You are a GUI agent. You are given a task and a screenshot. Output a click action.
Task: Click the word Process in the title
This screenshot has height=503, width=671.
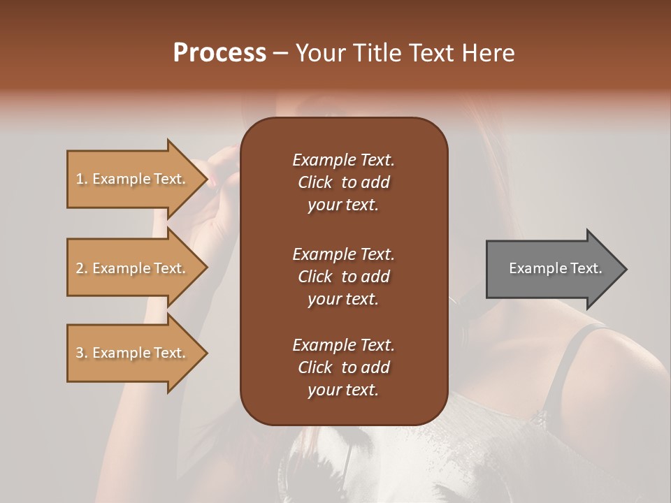pos(219,52)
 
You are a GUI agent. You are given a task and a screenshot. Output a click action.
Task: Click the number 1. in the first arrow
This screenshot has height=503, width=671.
pos(82,179)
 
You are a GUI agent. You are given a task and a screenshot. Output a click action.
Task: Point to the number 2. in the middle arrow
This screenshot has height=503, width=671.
pos(82,268)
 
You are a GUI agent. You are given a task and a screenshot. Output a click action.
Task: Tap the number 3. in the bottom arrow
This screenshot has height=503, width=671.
pos(82,353)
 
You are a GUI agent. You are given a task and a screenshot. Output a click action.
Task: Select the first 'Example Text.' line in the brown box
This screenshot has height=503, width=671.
pos(343,160)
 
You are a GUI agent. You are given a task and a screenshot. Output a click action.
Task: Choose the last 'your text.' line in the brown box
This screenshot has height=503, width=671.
pos(343,390)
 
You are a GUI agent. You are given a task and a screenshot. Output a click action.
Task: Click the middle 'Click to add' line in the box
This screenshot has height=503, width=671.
pos(343,277)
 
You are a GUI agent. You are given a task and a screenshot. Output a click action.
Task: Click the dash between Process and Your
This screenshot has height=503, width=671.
pos(280,53)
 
